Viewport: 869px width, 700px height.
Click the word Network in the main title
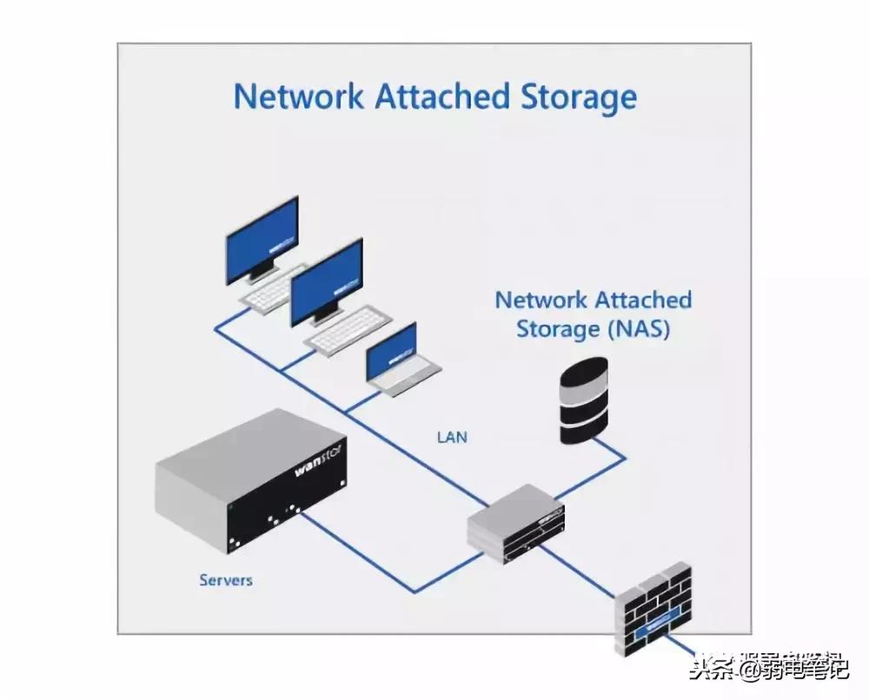299,96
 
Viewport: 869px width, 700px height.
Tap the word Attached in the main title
441,96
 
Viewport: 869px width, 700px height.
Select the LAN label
451,437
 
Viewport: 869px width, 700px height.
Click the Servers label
226,579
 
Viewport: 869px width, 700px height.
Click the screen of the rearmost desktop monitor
262,239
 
